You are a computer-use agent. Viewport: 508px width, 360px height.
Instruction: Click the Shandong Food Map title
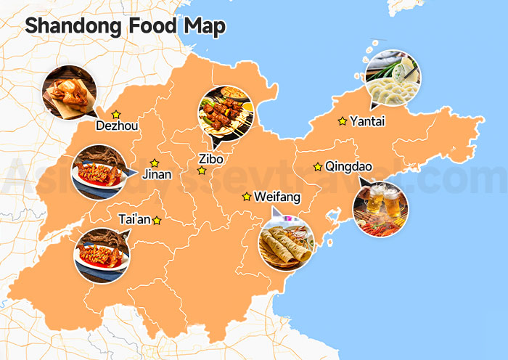pyautogui.click(x=125, y=26)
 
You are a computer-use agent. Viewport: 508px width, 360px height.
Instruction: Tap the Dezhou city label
pyautogui.click(x=117, y=126)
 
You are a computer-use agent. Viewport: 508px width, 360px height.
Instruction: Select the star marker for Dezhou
pyautogui.click(x=116, y=114)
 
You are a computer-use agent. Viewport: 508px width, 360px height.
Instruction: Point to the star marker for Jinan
pyautogui.click(x=154, y=163)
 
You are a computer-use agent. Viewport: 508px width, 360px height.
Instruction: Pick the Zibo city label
pyautogui.click(x=210, y=159)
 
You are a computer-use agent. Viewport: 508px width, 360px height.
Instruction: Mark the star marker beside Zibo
pyautogui.click(x=202, y=171)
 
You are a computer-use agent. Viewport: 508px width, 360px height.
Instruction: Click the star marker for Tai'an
pyautogui.click(x=157, y=220)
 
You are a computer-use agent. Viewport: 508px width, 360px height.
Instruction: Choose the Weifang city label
pyautogui.click(x=276, y=197)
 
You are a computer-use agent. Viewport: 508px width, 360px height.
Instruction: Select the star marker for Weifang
pyautogui.click(x=247, y=196)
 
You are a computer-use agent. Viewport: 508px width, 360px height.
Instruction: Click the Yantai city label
pyautogui.click(x=366, y=121)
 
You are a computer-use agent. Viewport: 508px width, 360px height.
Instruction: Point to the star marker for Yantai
pyautogui.click(x=342, y=121)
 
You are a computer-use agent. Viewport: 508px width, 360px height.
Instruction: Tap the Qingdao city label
pyautogui.click(x=348, y=167)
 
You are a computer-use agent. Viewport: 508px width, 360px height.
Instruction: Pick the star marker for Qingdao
pyautogui.click(x=317, y=167)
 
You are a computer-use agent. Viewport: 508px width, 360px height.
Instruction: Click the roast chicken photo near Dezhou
pyautogui.click(x=70, y=91)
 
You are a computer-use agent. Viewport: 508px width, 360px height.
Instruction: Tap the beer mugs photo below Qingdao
pyautogui.click(x=380, y=208)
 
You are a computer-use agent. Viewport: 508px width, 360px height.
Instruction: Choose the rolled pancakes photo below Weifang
pyautogui.click(x=286, y=242)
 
